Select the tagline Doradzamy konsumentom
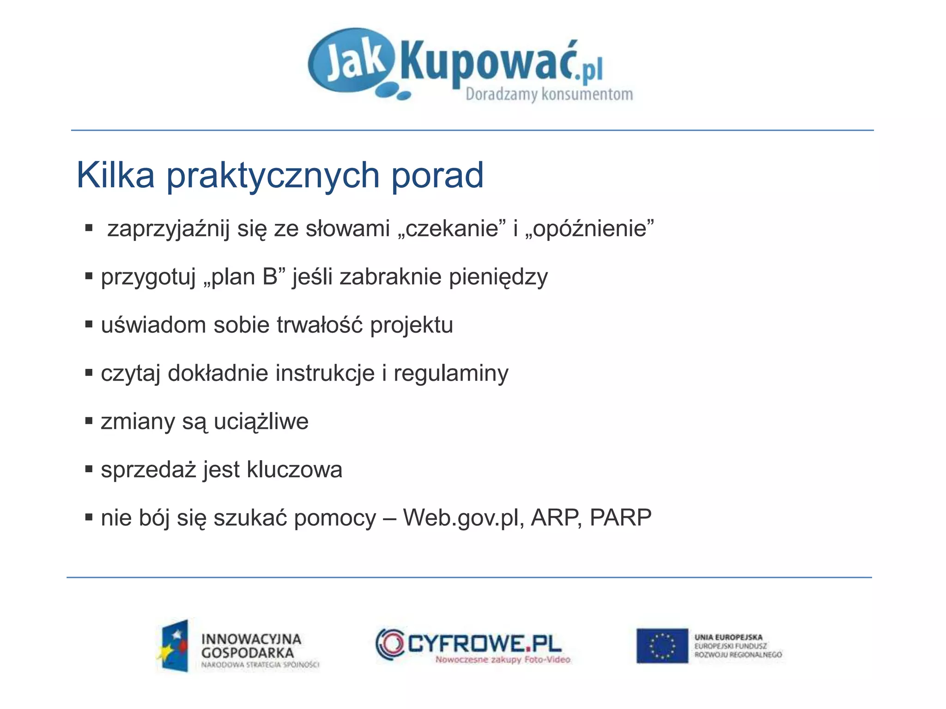(x=549, y=95)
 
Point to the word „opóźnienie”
(x=589, y=229)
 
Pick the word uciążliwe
(x=261, y=422)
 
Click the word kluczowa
(x=294, y=470)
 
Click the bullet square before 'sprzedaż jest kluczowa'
(x=89, y=470)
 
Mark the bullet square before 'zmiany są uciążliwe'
(x=89, y=421)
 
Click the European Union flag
(x=662, y=646)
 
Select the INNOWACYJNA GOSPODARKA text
(x=251, y=646)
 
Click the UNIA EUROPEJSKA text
(x=728, y=637)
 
